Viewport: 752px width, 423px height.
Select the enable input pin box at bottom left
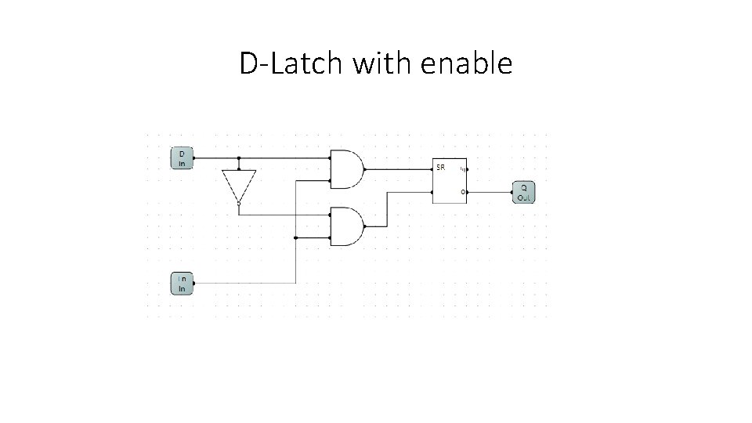click(182, 283)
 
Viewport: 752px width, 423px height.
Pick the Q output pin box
click(523, 193)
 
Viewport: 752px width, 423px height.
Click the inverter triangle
click(238, 184)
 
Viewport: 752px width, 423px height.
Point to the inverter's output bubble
click(238, 202)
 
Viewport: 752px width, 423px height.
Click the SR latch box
click(450, 181)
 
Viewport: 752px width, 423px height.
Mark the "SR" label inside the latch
click(441, 168)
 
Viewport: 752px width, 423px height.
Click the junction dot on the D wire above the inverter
click(238, 157)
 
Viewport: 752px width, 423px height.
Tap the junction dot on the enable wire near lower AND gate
click(295, 237)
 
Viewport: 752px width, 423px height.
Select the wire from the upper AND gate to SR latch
click(399, 168)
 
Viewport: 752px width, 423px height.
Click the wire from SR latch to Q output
click(490, 192)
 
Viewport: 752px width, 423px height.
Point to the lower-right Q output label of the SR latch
click(462, 192)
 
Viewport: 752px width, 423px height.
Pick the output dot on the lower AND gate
click(367, 226)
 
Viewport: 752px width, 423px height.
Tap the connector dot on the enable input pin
click(194, 283)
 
